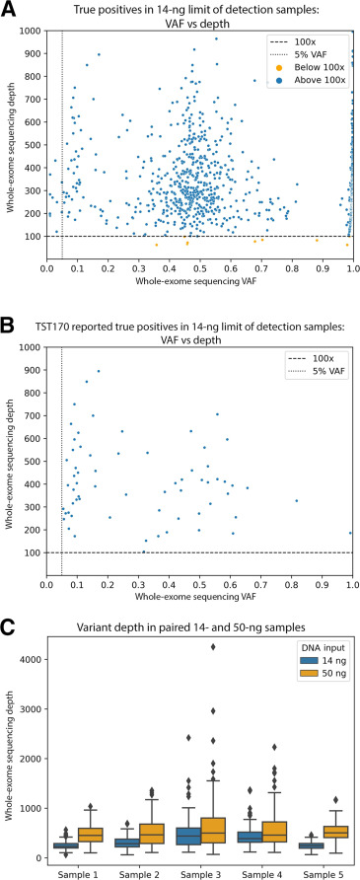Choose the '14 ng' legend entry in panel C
(317, 679)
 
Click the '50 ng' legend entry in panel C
(317, 693)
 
